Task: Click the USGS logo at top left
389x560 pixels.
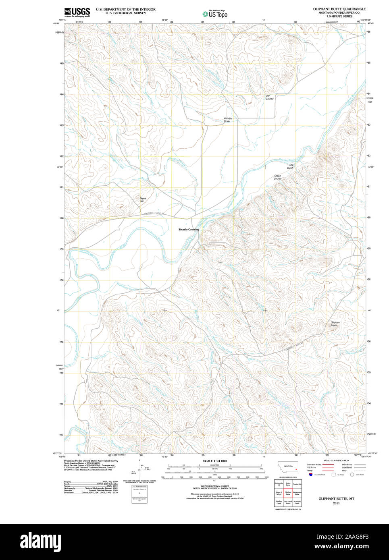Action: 77,12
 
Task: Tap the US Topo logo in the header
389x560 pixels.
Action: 215,14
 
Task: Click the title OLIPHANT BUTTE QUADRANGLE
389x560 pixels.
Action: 339,8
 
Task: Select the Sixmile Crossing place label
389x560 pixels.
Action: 189,229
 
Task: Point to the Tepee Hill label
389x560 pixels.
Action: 143,199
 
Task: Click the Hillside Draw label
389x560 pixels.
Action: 228,120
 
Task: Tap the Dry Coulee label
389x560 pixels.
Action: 269,97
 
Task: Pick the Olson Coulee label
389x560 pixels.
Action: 278,177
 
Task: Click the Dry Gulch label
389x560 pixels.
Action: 291,166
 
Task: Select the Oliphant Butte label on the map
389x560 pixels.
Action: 335,324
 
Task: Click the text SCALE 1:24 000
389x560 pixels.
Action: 214,461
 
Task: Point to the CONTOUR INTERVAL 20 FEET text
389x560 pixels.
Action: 214,486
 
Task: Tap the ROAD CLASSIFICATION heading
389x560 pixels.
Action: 336,460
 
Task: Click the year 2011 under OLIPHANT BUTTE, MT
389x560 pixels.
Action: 336,503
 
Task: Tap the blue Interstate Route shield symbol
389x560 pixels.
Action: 311,474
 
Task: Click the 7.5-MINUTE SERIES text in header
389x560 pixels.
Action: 339,17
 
